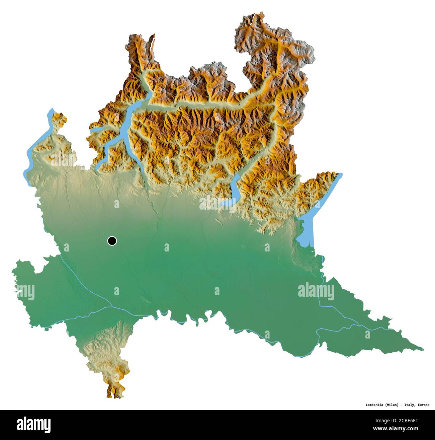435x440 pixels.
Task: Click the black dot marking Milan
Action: click(112, 240)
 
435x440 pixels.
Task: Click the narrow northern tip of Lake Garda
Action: click(339, 175)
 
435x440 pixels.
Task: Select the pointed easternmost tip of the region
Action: click(422, 349)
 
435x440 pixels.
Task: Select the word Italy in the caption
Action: click(409, 405)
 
